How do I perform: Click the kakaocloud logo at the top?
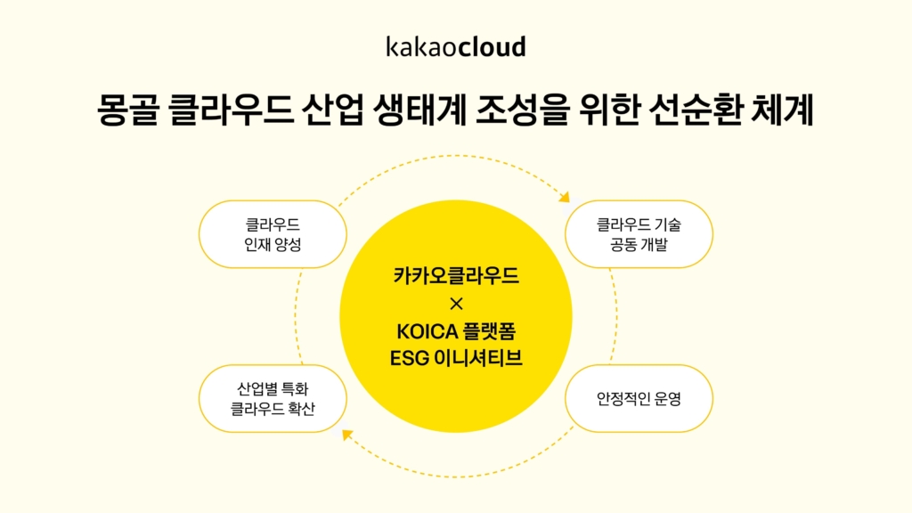456,46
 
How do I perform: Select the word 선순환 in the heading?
694,110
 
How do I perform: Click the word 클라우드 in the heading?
230,110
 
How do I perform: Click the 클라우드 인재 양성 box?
273,234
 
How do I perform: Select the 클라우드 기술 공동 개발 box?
639,234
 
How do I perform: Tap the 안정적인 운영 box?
639,398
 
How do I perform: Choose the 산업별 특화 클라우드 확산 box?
273,398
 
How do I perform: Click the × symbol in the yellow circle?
457,304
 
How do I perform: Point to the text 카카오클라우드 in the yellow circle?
456,276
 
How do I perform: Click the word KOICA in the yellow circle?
427,331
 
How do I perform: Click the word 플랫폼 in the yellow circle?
490,331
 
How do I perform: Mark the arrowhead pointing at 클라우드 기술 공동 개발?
565,197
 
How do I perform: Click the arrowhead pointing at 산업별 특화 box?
347,435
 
